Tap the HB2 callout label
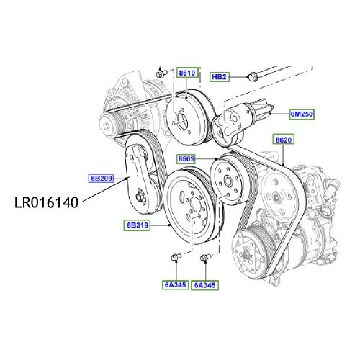click(219, 76)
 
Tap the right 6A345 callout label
click(205, 285)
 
